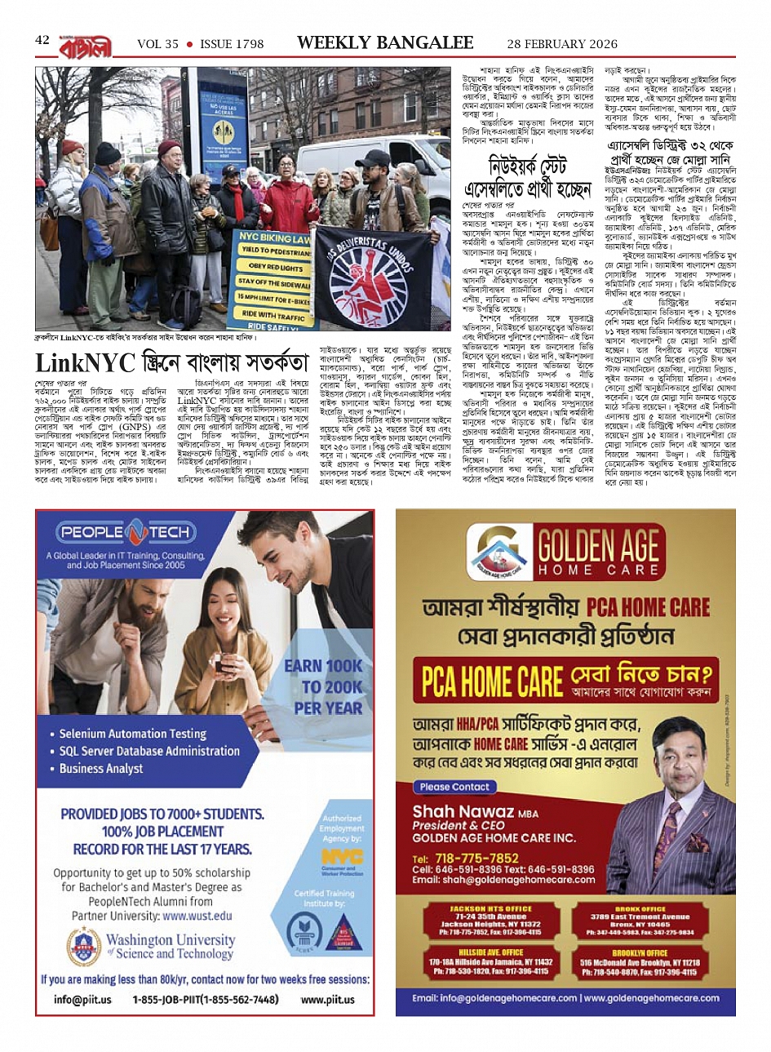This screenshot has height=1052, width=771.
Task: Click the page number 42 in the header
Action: point(42,41)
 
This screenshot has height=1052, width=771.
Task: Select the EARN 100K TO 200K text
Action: point(322,686)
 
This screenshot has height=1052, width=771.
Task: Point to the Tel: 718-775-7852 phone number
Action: point(466,858)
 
